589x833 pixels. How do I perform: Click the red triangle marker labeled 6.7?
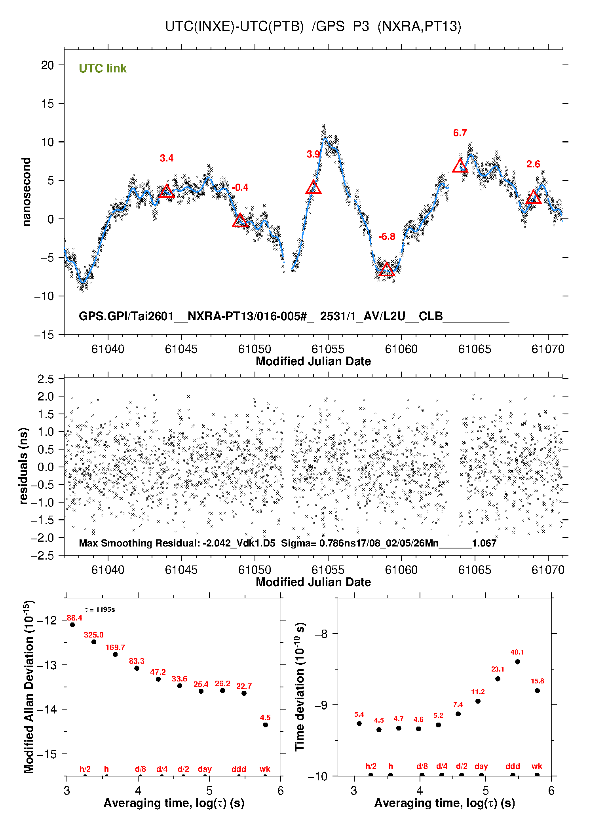click(460, 167)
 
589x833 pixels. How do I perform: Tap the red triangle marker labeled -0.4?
click(240, 221)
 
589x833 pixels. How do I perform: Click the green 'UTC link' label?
click(103, 68)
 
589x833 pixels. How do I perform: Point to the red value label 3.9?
click(313, 154)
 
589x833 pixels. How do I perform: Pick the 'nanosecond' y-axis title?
click(26, 192)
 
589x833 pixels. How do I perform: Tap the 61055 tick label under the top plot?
click(328, 349)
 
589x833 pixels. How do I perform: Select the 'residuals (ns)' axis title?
click(24, 466)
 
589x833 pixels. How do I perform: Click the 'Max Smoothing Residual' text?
click(140, 543)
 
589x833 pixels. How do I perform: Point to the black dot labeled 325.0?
click(94, 641)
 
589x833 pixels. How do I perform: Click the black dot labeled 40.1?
click(517, 662)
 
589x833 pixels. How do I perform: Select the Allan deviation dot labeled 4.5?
click(265, 725)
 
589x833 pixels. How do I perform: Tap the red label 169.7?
click(115, 647)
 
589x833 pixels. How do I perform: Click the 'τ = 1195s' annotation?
click(100, 609)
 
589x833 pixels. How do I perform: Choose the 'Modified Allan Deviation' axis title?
click(28, 687)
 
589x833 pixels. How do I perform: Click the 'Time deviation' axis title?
click(300, 687)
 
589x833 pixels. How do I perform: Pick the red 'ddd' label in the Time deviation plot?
click(513, 766)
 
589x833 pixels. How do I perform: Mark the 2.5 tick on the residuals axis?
click(46, 379)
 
